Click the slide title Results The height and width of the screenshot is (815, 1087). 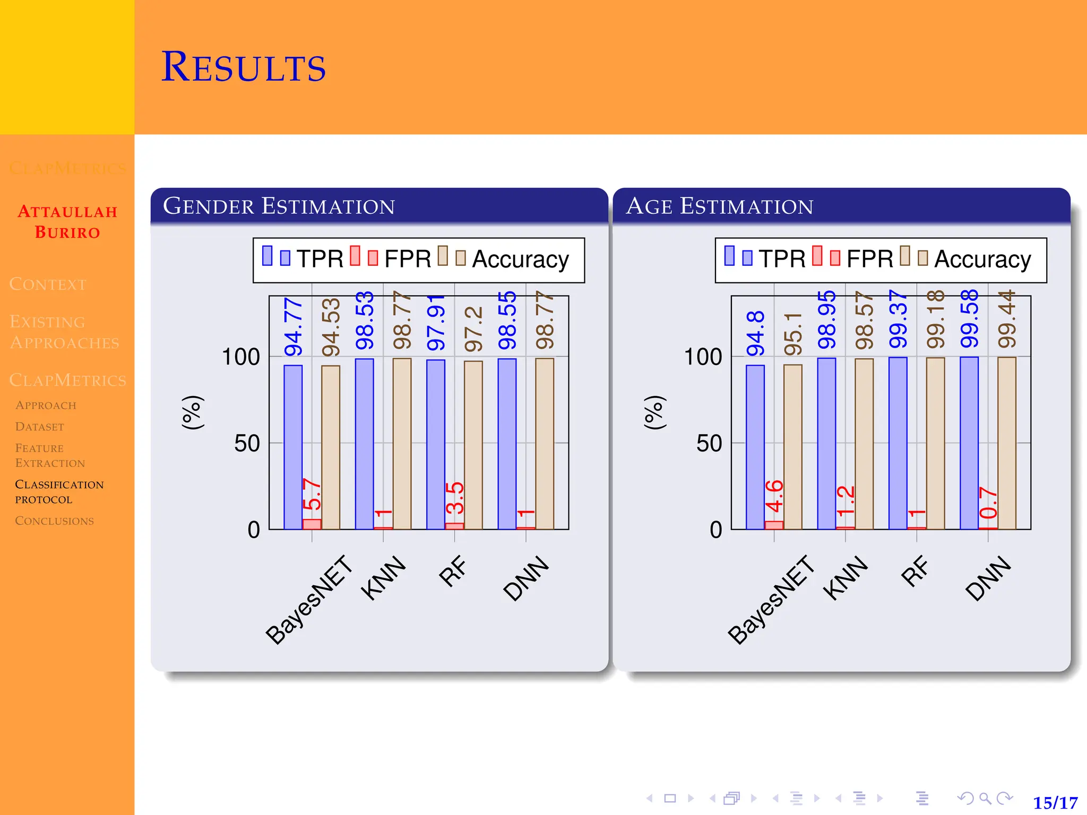(243, 67)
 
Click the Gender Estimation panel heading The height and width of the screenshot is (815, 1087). (279, 206)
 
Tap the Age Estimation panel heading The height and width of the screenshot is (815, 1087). (719, 206)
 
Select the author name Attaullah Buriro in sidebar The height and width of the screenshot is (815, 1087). (67, 222)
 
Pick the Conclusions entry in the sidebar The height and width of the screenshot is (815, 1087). (54, 521)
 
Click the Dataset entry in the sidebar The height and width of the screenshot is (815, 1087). (39, 427)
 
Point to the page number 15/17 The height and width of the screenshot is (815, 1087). (1055, 802)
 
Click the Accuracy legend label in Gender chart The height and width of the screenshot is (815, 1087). (520, 259)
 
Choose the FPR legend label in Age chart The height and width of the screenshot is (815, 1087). (869, 259)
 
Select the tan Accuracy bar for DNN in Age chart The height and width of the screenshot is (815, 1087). (1007, 443)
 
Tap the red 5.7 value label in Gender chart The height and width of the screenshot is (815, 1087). (312, 494)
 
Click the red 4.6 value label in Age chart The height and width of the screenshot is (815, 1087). (774, 496)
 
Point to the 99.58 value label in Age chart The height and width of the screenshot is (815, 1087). (969, 319)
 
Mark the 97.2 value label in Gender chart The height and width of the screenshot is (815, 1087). (473, 329)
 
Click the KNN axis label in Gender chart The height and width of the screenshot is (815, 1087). (383, 578)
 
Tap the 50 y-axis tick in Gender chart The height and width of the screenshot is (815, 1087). (247, 444)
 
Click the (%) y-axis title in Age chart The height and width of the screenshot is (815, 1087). (654, 412)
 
